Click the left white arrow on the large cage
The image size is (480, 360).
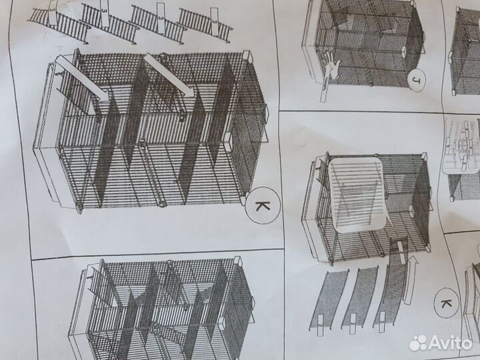pos(79,79)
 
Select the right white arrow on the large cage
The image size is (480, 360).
pos(167,75)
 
